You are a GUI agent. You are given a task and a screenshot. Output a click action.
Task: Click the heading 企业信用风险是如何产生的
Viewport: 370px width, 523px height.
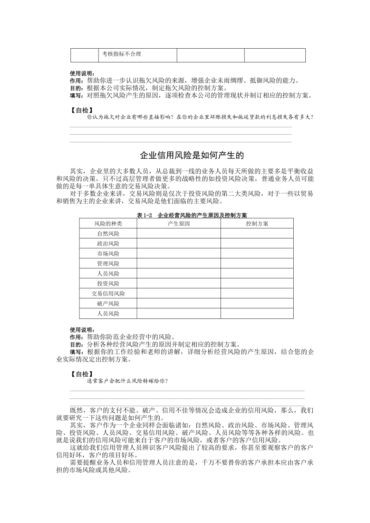coord(192,156)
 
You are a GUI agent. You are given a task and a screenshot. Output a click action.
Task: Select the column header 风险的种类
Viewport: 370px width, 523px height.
coord(108,224)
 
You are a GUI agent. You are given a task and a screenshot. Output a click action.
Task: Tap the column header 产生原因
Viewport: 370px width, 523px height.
coord(179,224)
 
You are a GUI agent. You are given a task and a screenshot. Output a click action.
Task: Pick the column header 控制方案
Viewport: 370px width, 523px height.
coord(257,224)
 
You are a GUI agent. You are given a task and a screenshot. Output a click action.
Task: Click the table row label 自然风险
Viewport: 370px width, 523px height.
coord(108,234)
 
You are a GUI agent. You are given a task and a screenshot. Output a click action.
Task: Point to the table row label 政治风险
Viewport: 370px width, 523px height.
coord(108,244)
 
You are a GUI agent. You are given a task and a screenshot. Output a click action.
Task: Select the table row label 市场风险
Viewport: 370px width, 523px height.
coord(108,254)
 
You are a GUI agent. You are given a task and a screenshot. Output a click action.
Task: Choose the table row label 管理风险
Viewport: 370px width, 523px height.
coord(108,264)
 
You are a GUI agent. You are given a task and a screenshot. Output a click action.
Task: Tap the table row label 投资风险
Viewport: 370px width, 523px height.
coord(108,284)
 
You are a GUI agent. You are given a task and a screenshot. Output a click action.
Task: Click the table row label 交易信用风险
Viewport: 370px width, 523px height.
coord(108,294)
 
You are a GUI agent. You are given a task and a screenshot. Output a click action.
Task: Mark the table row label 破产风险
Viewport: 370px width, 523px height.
coord(108,304)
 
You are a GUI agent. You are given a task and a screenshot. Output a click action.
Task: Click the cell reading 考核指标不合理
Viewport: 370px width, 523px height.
coord(122,54)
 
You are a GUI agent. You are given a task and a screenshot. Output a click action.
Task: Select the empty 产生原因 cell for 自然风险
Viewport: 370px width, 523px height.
coord(179,233)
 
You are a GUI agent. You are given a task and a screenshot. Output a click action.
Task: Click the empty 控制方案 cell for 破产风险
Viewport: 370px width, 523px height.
coord(257,304)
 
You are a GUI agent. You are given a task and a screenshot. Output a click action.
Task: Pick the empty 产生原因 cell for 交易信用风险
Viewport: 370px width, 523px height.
coord(179,294)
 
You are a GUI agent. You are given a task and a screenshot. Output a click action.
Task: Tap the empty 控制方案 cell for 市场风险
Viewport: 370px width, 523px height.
coord(257,254)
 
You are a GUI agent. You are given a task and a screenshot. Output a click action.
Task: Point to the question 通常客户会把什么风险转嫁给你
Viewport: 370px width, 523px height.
coord(127,381)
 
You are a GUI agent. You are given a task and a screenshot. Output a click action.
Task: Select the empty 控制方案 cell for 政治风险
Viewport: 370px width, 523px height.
coord(257,244)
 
